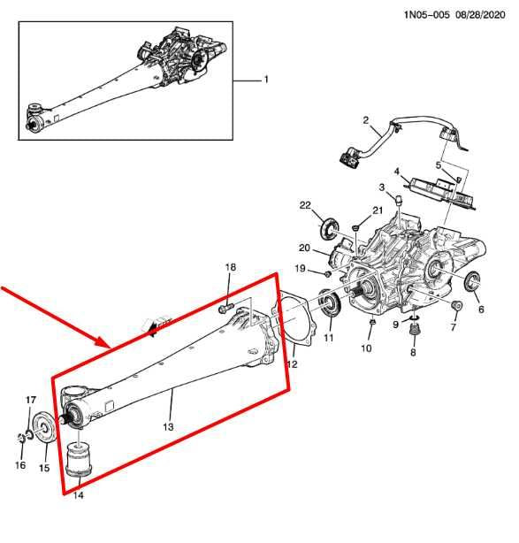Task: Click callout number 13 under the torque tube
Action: [167, 426]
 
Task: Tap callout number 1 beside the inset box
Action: [264, 80]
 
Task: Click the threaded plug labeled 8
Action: [411, 335]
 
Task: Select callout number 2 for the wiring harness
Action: [364, 119]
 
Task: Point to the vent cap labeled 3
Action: [398, 202]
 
